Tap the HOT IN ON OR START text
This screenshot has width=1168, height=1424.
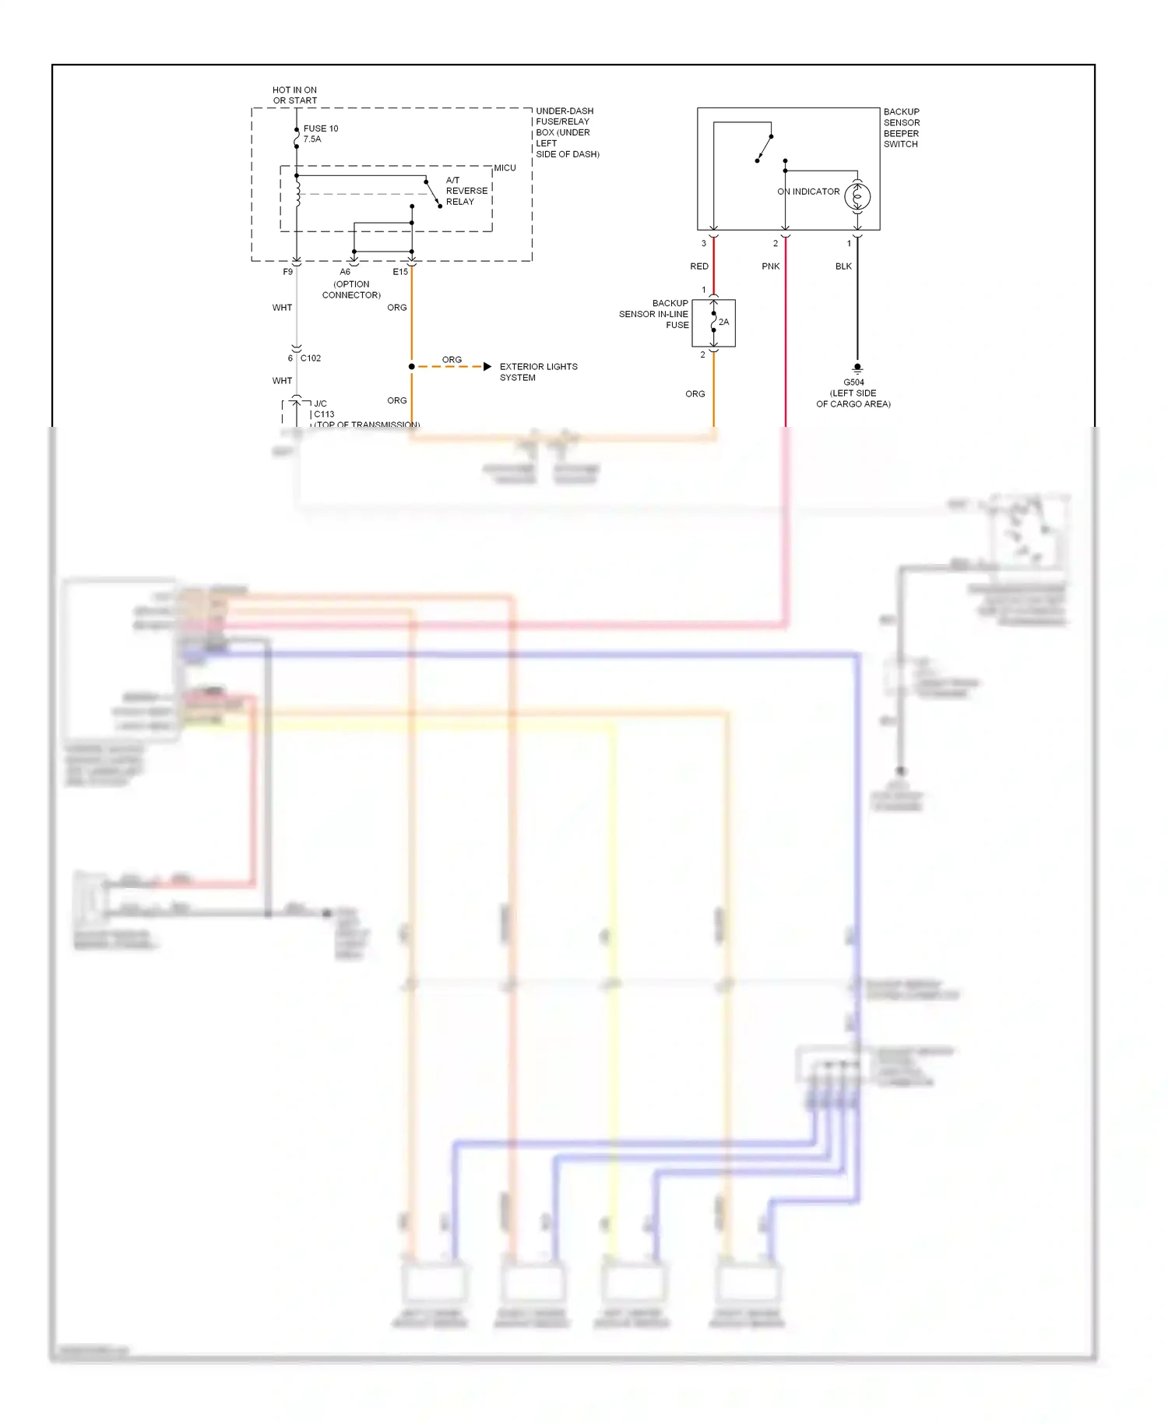tap(294, 95)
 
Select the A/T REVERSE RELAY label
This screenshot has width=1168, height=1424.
tap(466, 191)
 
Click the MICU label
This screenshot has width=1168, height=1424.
tap(505, 168)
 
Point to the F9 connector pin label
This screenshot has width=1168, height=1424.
tap(287, 272)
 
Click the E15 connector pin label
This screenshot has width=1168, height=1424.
tap(399, 272)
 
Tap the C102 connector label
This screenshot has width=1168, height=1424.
tap(310, 358)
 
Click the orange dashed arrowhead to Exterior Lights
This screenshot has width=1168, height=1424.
tap(487, 366)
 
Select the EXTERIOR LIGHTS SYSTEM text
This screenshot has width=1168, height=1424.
tap(537, 372)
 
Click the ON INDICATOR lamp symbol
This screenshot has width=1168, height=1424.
tap(857, 196)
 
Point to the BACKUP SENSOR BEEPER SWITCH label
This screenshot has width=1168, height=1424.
tap(901, 128)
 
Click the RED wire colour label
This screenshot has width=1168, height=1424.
tap(698, 266)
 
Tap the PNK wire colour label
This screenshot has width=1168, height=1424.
tap(770, 266)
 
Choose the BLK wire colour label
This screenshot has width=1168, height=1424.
tap(843, 266)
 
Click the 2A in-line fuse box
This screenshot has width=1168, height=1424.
tap(713, 323)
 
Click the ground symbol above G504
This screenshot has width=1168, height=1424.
tap(857, 367)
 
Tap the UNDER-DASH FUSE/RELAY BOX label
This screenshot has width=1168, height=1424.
tap(566, 132)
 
